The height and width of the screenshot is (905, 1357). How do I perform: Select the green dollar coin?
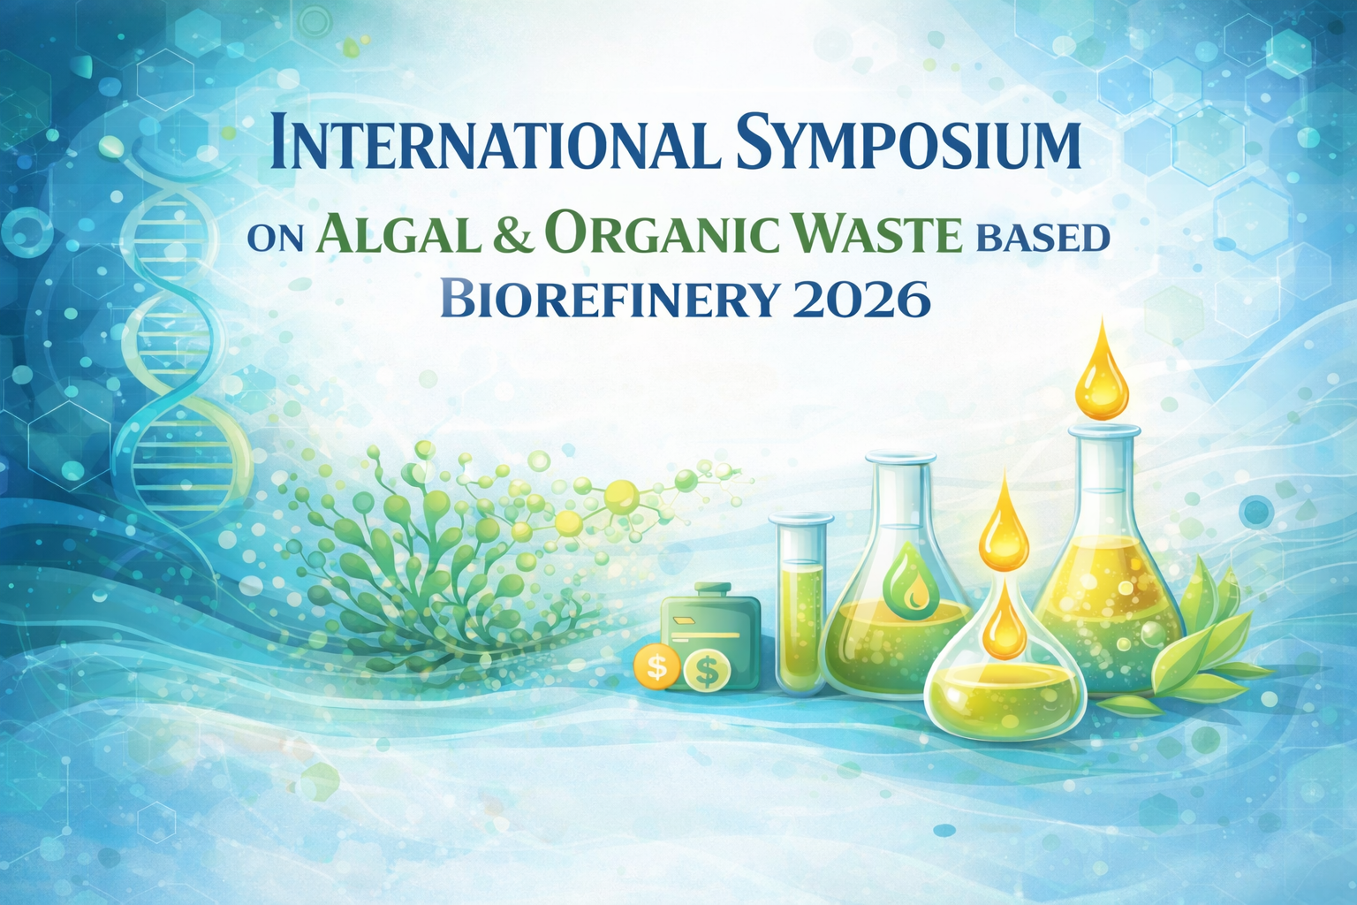pyautogui.click(x=707, y=670)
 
